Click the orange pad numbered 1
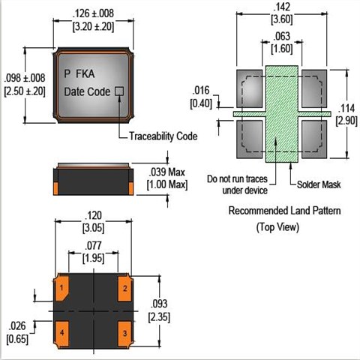tap(61, 287)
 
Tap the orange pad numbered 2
tap(124, 287)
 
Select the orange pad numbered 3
tap(124, 334)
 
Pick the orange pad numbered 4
tap(61, 334)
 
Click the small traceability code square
tap(119, 91)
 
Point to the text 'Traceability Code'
tap(163, 136)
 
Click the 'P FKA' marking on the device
tap(79, 73)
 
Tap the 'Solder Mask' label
tap(319, 184)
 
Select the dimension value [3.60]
tap(282, 19)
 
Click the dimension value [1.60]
tap(282, 49)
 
